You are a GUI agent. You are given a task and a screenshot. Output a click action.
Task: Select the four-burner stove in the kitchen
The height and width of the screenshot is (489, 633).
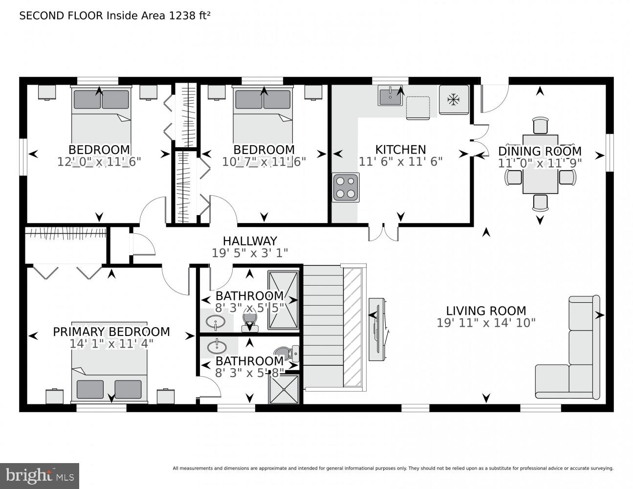pyautogui.click(x=346, y=187)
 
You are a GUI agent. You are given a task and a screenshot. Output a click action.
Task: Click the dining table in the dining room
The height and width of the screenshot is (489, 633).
pyautogui.click(x=540, y=164)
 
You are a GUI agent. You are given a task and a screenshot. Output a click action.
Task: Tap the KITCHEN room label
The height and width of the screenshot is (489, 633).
pyautogui.click(x=400, y=149)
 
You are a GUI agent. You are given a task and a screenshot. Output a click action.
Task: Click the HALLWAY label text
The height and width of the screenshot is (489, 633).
pyautogui.click(x=250, y=241)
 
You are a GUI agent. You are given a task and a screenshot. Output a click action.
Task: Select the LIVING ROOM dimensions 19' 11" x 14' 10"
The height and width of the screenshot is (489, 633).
pyautogui.click(x=486, y=323)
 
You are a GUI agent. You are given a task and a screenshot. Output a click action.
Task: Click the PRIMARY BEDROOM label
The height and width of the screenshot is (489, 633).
pyautogui.click(x=111, y=332)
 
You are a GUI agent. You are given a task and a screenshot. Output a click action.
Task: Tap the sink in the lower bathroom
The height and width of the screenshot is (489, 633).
pyautogui.click(x=217, y=347)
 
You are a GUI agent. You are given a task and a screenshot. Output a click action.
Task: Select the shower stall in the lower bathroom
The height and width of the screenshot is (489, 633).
pyautogui.click(x=283, y=389)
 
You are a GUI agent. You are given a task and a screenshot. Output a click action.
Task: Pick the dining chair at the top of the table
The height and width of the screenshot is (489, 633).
pyautogui.click(x=540, y=125)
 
